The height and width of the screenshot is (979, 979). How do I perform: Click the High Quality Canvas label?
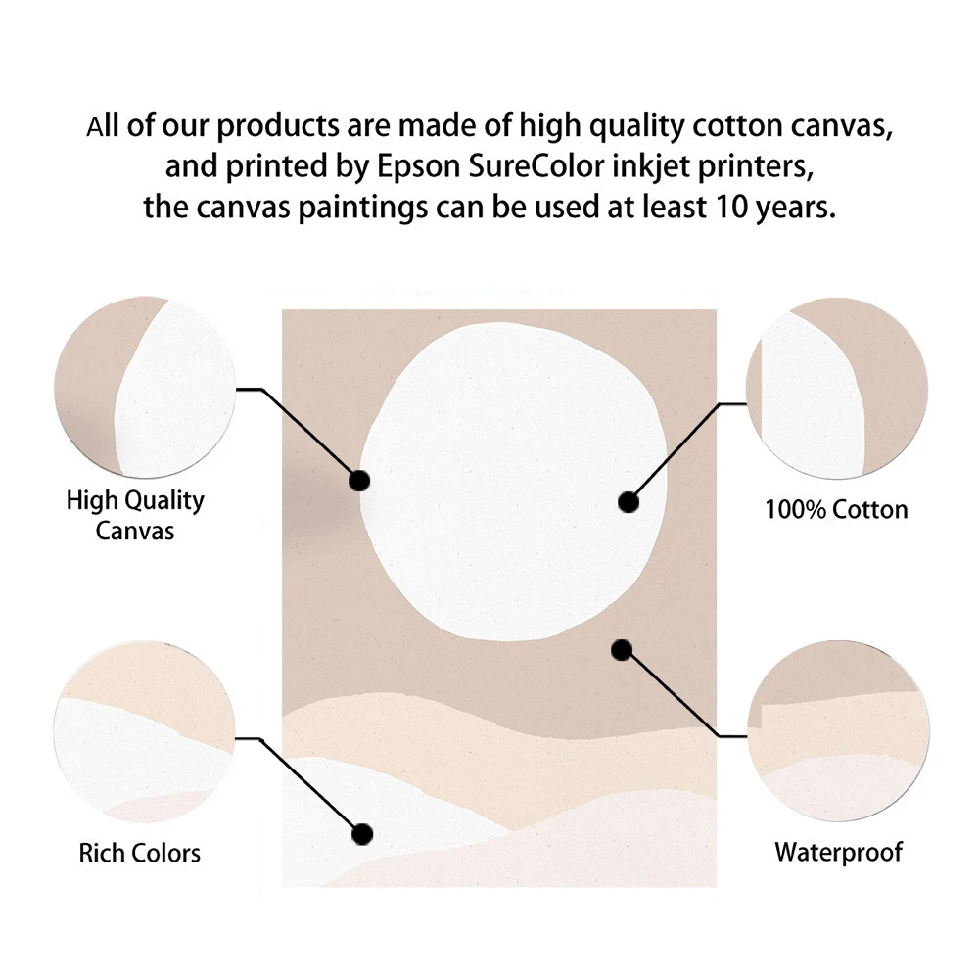pyautogui.click(x=135, y=515)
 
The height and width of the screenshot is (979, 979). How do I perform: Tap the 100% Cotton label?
pyautogui.click(x=835, y=509)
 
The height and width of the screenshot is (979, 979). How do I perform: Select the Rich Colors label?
pyautogui.click(x=139, y=852)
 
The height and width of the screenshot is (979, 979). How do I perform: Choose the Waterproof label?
pyautogui.click(x=838, y=852)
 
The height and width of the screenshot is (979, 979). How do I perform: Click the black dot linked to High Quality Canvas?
pyautogui.click(x=359, y=481)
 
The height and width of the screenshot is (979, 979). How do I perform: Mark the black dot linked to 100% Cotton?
pyautogui.click(x=629, y=502)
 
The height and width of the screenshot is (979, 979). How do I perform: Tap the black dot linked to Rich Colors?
pyautogui.click(x=362, y=834)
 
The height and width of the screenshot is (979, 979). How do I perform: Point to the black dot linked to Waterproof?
pyautogui.click(x=620, y=649)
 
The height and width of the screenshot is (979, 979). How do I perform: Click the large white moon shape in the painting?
pyautogui.click(x=514, y=480)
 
